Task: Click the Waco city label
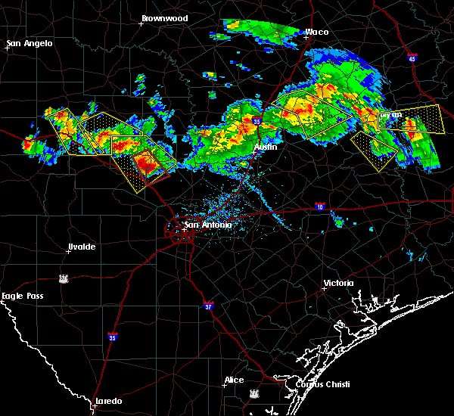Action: tap(317, 32)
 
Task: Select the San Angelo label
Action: tap(30, 43)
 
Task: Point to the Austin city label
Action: tap(265, 147)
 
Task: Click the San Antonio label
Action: tap(208, 225)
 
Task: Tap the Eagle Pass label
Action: tap(23, 296)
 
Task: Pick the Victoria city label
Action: tap(338, 283)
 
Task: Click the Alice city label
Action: tap(234, 380)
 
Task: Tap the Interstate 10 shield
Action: tap(321, 206)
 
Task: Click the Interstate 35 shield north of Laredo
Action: tap(113, 337)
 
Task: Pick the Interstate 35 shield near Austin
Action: tap(257, 120)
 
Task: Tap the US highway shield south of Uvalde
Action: tap(66, 278)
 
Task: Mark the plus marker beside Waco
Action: tap(306, 37)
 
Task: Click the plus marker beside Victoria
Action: tap(323, 288)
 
